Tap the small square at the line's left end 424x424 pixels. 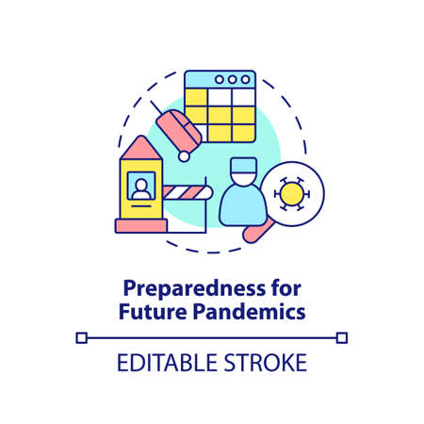(x=82, y=336)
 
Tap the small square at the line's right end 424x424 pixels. (x=342, y=336)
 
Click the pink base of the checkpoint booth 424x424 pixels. (x=141, y=224)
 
